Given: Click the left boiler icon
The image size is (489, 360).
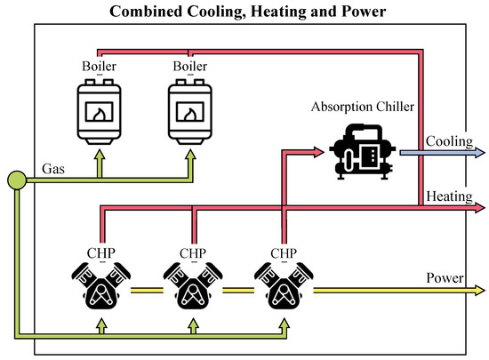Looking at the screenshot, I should pyautogui.click(x=100, y=106).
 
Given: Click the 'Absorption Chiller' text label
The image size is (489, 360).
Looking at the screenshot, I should pyautogui.click(x=362, y=107).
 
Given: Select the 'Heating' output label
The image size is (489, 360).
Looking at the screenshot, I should pyautogui.click(x=449, y=195).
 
